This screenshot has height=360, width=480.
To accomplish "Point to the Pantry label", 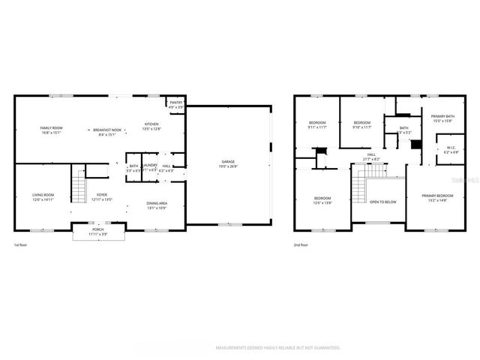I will coord(176,104).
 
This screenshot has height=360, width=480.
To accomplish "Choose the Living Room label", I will coord(43,196).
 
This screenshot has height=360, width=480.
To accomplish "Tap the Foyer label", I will coord(101,197).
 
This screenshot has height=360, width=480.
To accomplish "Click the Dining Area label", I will coord(157,204).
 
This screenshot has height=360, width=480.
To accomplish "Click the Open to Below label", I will coord(383,202).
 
